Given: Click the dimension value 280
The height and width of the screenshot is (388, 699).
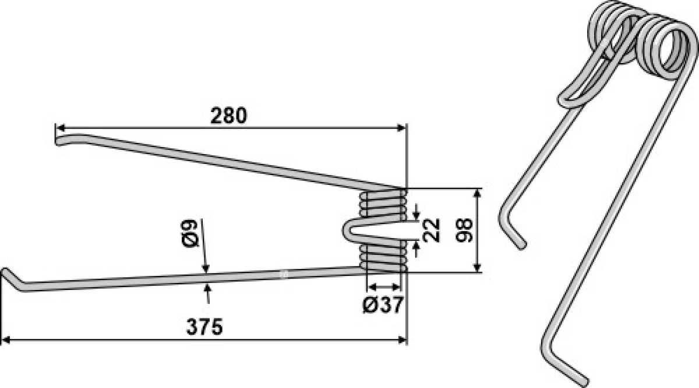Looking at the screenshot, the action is pos(228,116).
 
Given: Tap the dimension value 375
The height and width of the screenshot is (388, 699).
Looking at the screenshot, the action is pos(204,327).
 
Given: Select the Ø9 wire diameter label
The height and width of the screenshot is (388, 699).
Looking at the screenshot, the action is pos(189,233).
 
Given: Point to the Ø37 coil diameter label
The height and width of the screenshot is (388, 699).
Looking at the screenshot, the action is pos(383,305).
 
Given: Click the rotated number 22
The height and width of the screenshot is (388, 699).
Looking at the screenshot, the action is pos(431,230).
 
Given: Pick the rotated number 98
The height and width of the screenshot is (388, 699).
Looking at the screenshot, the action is pos(464,230).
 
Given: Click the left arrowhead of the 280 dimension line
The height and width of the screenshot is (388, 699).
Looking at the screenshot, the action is pos(60,128).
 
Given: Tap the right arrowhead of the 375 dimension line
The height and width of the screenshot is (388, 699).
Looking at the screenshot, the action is pos(402,340).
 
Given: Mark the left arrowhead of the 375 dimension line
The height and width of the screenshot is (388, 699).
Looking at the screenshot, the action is pos(6,340).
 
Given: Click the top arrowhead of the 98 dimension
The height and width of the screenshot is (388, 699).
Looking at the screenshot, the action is pos(477,194).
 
